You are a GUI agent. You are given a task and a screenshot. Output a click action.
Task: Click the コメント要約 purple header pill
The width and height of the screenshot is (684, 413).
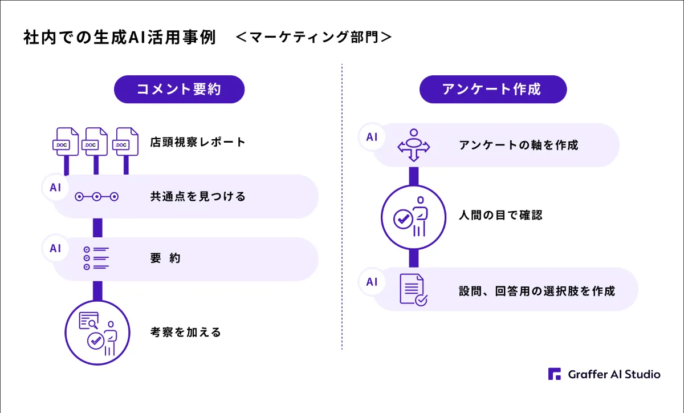[x=179, y=89]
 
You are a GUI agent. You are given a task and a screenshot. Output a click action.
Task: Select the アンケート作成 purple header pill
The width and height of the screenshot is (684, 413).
[x=493, y=89]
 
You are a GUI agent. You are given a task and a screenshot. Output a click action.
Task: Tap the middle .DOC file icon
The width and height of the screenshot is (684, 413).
[x=95, y=142]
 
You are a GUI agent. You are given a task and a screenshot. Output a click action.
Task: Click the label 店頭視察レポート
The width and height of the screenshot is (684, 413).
[x=198, y=142]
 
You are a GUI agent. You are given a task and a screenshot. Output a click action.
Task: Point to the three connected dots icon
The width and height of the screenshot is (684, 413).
[x=96, y=197]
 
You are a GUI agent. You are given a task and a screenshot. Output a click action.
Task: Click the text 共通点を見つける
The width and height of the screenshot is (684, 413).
[x=198, y=196]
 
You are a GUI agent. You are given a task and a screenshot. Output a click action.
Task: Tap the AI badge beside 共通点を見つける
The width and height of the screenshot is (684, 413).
[x=55, y=188]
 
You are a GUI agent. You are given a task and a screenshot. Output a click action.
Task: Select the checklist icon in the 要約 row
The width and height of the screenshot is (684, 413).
[x=96, y=258]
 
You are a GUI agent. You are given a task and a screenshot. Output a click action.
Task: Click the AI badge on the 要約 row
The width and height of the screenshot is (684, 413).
[x=55, y=248]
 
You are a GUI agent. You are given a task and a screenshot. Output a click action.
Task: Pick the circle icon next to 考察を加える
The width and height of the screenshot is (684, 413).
[x=97, y=333]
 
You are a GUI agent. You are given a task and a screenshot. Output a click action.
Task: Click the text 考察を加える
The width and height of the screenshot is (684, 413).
[x=186, y=332]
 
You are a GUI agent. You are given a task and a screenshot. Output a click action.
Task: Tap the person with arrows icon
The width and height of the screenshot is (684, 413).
[x=414, y=145]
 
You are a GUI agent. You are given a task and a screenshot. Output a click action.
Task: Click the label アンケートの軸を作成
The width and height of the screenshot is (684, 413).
[x=519, y=145]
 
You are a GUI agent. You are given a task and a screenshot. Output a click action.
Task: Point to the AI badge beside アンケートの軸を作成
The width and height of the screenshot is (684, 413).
[x=372, y=137]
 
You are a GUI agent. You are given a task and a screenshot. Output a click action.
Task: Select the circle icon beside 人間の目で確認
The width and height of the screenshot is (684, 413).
[x=413, y=217]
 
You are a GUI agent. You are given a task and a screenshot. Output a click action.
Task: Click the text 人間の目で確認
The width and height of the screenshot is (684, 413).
[x=501, y=215]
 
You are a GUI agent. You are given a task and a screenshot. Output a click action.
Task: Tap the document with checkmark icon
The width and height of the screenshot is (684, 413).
[x=413, y=289]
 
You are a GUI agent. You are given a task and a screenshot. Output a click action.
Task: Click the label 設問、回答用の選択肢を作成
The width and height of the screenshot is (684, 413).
[x=537, y=291]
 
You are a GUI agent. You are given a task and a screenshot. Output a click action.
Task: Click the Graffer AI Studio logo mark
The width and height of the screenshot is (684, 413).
[x=555, y=374]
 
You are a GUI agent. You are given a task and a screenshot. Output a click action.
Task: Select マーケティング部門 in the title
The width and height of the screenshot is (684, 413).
[x=314, y=37]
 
